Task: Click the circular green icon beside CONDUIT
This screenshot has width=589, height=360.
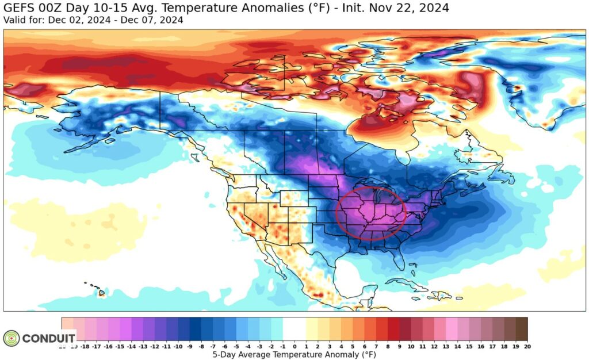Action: [x=12, y=338]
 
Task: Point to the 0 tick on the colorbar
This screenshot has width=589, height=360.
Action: [x=294, y=346]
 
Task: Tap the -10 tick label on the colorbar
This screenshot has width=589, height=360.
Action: [x=178, y=346]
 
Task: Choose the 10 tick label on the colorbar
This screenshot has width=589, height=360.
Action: [x=411, y=346]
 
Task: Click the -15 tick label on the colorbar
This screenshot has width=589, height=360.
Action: [x=120, y=346]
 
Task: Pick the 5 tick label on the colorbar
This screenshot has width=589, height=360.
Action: [x=353, y=346]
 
